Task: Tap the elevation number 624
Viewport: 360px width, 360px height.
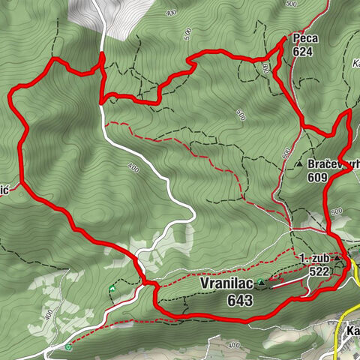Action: coord(303,52)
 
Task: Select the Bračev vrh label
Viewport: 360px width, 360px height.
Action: coord(334,164)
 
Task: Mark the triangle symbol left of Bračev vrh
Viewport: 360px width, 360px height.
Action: coord(299,163)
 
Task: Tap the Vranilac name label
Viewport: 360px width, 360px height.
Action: coord(226,285)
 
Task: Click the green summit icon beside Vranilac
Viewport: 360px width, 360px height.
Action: coord(261,283)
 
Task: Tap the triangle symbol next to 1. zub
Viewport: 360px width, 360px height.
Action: coord(337,259)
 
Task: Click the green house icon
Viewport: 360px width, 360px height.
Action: coord(112,288)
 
